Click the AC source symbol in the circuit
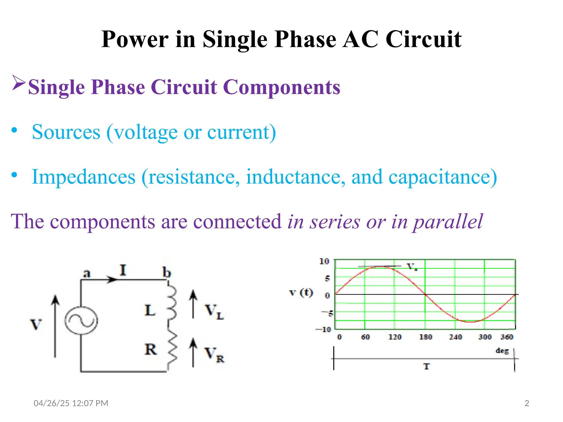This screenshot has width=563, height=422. click(x=81, y=321)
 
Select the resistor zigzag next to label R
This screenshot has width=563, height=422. click(x=172, y=349)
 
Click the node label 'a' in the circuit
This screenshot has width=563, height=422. click(x=87, y=273)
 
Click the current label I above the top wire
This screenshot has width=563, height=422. click(x=123, y=270)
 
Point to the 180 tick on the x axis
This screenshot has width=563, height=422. click(x=426, y=337)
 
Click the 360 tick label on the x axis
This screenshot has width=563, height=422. click(x=507, y=337)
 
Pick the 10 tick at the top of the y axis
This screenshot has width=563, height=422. click(x=324, y=261)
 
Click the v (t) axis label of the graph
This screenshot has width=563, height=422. click(x=301, y=293)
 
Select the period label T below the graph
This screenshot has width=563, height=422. click(x=426, y=367)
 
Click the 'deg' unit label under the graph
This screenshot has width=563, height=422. click(x=502, y=351)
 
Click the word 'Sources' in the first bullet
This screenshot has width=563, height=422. click(x=66, y=132)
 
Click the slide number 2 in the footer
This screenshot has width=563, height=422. click(x=527, y=403)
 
